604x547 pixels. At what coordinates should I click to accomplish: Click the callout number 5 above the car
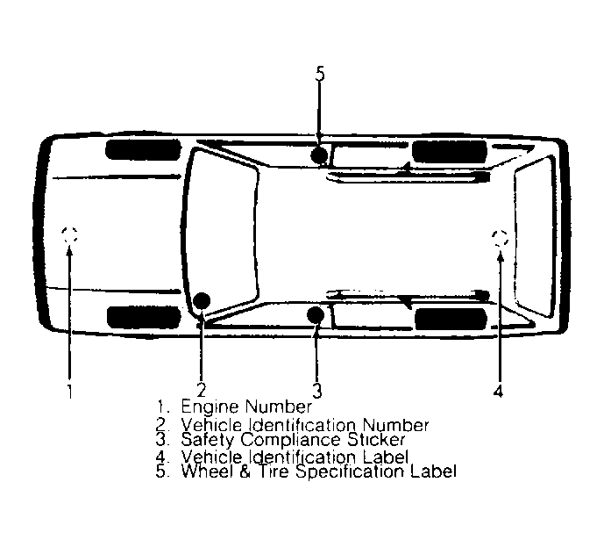[x=320, y=74]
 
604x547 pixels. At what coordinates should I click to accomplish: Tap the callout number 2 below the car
[x=202, y=390]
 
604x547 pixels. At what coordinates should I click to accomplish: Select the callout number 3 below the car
[x=318, y=390]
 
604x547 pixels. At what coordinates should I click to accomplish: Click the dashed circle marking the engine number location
[x=70, y=234]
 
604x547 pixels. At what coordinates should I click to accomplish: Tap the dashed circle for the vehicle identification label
[x=500, y=237]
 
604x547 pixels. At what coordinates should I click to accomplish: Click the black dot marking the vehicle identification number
[x=202, y=301]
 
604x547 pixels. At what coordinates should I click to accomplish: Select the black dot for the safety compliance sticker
[x=316, y=315]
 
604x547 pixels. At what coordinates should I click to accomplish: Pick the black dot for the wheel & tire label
[x=320, y=156]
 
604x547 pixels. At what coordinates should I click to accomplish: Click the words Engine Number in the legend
[x=245, y=407]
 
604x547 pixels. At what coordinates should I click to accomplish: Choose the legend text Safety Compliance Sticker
[x=293, y=439]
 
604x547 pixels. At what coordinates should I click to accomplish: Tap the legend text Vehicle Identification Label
[x=295, y=457]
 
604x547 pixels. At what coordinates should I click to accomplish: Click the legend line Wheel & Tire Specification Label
[x=318, y=471]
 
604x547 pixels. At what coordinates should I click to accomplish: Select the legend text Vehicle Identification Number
[x=305, y=425]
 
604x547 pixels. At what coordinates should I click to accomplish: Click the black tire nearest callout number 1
[x=131, y=316]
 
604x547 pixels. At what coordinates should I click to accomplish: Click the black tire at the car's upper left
[x=131, y=148]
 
